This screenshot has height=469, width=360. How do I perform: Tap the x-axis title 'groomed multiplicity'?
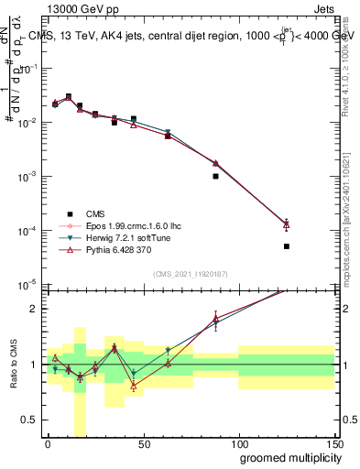pyautogui.click(x=278, y=457)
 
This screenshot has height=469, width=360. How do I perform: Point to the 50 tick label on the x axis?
pyautogui.click(x=143, y=444)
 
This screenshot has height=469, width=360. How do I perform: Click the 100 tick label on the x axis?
pyautogui.click(x=238, y=444)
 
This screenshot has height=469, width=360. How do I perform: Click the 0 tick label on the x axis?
pyautogui.click(x=48, y=444)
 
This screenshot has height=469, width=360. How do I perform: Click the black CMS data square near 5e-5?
pyautogui.click(x=287, y=246)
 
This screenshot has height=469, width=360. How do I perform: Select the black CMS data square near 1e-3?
pyautogui.click(x=215, y=176)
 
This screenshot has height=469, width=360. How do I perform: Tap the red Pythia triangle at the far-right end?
pyautogui.click(x=287, y=224)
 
